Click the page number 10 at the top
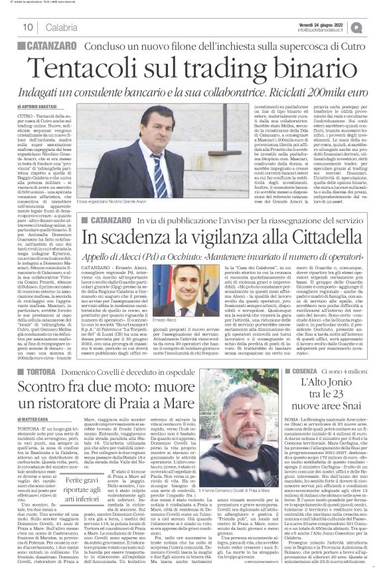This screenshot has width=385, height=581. click(x=29, y=27)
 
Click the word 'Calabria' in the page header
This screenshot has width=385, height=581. click(x=62, y=27)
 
